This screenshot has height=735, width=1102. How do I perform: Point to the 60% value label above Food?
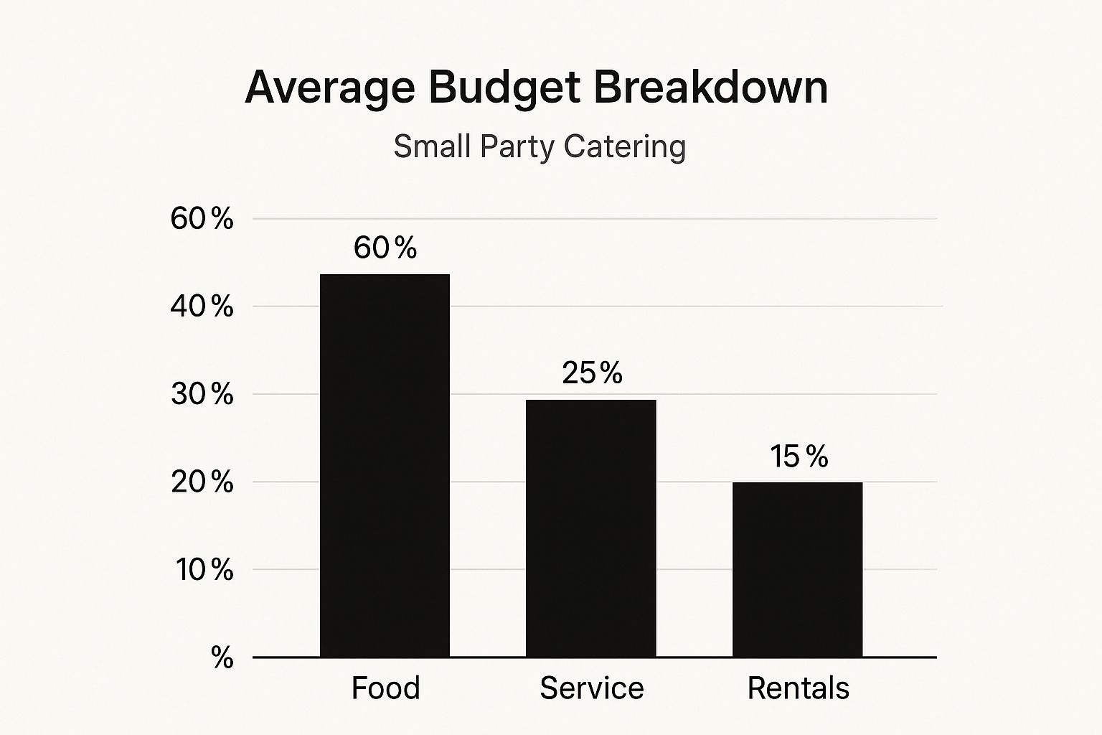tap(385, 248)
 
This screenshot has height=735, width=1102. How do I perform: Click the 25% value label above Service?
tap(592, 373)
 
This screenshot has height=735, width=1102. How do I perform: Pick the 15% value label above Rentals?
tap(799, 456)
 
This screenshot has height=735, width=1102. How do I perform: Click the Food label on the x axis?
tap(385, 688)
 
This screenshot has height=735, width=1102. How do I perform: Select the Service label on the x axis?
tap(591, 688)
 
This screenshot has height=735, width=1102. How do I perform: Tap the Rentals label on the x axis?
tap(798, 688)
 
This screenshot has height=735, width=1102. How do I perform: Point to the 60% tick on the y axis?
tap(202, 218)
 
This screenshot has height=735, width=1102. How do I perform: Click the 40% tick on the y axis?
tap(202, 306)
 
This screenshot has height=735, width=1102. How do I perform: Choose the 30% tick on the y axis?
tap(202, 394)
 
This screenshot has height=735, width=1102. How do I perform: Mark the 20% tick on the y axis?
tap(202, 482)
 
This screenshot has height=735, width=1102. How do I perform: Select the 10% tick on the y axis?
tap(204, 570)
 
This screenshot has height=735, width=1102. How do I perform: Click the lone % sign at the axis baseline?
tap(222, 657)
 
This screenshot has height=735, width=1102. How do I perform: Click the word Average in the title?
tap(330, 88)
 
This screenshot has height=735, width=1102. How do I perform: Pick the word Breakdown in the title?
tap(710, 88)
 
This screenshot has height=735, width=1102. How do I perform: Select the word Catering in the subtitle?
tap(624, 147)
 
